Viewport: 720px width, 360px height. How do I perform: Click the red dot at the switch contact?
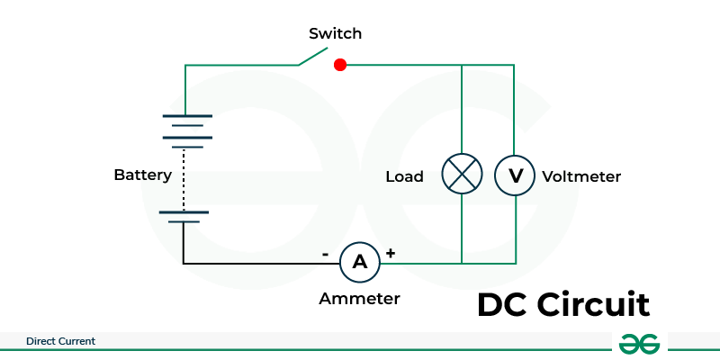(340, 65)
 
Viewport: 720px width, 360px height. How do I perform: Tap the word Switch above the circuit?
(335, 33)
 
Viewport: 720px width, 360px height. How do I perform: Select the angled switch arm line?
(312, 57)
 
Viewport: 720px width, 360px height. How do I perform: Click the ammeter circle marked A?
(360, 262)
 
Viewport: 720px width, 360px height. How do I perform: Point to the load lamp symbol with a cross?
(462, 174)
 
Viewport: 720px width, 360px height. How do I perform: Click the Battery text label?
(143, 175)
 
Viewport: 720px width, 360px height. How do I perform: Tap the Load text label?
(404, 176)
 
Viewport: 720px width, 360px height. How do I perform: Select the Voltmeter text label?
(581, 176)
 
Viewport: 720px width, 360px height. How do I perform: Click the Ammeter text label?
(359, 299)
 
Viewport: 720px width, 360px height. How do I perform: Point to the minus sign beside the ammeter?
(325, 254)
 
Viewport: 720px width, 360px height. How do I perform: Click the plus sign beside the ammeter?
(391, 253)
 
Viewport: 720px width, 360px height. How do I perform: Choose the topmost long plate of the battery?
(187, 116)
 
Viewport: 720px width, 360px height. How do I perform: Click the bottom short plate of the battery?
(184, 221)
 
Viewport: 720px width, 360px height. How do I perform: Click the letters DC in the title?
(502, 304)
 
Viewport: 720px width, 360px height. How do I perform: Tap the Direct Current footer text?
(60, 341)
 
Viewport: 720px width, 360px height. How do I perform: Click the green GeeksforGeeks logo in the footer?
(639, 344)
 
